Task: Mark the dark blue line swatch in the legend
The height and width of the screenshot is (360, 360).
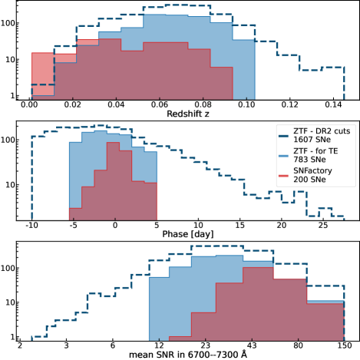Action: click(284, 137)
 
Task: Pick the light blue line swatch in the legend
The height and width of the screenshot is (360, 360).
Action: click(284, 159)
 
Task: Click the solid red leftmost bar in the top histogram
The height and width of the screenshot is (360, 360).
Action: click(42, 74)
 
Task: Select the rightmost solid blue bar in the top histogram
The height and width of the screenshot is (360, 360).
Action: click(244, 69)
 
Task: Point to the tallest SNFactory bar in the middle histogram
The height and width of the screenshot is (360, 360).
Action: click(112, 181)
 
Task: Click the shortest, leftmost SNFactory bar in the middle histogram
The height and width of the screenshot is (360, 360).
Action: click(74, 213)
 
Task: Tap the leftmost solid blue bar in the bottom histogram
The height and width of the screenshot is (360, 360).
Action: click(158, 308)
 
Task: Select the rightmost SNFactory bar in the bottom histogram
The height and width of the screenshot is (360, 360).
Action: click(326, 322)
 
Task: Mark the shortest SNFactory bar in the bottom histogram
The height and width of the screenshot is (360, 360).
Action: click(180, 338)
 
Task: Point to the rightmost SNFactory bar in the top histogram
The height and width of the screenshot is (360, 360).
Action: click(222, 83)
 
